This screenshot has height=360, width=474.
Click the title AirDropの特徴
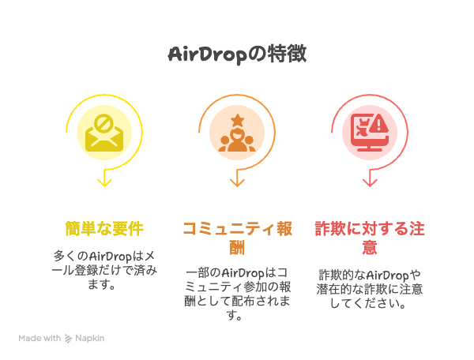click(237, 54)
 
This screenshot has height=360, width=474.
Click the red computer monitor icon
click(370, 133)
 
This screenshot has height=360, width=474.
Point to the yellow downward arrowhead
click(104, 182)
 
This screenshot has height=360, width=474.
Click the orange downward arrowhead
click(237, 182)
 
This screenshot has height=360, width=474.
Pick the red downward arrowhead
click(370, 182)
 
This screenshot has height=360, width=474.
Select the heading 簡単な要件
click(104, 229)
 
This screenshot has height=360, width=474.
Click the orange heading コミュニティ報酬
click(237, 238)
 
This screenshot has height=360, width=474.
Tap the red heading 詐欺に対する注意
click(370, 238)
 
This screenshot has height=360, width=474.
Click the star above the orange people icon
click(237, 120)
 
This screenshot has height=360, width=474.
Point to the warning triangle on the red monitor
click(378, 123)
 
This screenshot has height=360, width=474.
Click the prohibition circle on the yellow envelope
click(103, 123)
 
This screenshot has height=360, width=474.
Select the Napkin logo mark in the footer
click(68, 339)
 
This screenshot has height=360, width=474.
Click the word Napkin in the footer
click(90, 339)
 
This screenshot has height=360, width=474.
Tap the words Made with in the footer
click(39, 338)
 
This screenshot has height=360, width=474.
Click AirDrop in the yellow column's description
click(111, 257)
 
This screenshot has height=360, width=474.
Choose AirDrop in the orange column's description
click(243, 274)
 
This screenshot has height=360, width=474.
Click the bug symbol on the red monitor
click(363, 128)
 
